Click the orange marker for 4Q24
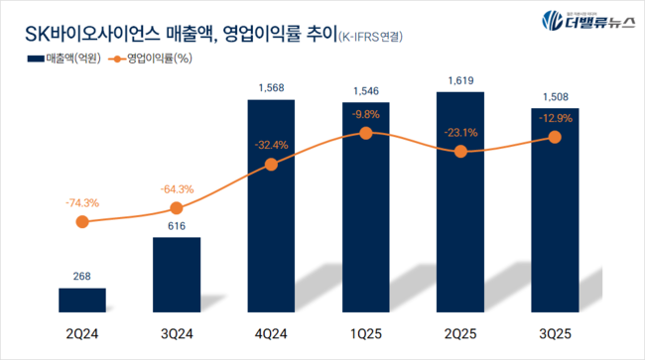pos(271,165)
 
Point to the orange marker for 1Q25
pos(366,133)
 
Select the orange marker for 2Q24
pos(82,222)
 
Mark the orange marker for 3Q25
pos(554,138)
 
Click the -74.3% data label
pos(82,202)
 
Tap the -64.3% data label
pos(177,188)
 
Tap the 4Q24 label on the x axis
pos(271,335)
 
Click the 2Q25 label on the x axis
pos(459,335)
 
